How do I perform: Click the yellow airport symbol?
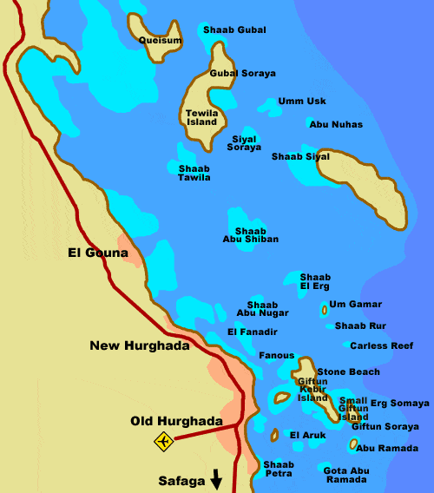coord(163,442)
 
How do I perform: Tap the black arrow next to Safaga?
coord(216,478)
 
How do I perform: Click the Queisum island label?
coord(161,40)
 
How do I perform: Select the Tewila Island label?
coord(201,117)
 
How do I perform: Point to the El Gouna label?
coord(97,253)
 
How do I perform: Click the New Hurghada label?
coord(139,345)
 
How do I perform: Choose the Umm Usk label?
coord(302,102)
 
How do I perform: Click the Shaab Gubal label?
coord(234,30)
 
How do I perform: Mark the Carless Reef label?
coord(382,345)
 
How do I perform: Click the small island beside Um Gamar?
coord(325,308)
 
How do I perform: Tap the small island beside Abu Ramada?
coord(353,444)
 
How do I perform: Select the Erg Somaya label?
coord(399,403)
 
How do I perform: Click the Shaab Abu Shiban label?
coord(250,234)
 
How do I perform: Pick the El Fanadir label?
coord(253,332)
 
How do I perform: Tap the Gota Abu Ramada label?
coord(346,474)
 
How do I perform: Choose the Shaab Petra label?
coord(279,470)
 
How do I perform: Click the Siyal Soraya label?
coord(244,143)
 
